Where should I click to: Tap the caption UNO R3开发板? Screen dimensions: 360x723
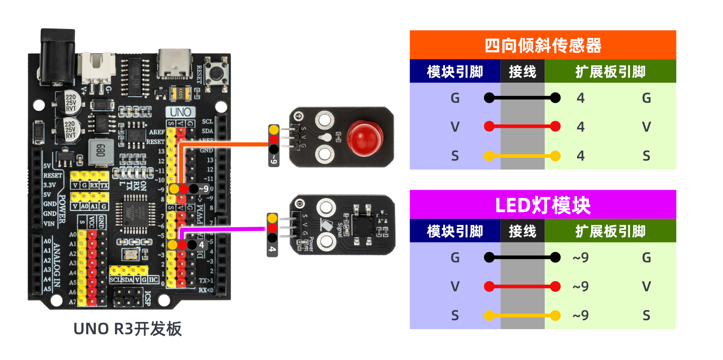pos(127,329)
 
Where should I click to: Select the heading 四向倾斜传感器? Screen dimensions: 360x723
pos(543,45)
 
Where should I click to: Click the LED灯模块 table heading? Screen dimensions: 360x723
pos(543,205)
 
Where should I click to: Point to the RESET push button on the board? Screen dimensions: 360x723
pos(216,72)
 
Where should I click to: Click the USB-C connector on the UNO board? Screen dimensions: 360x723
pos(175,63)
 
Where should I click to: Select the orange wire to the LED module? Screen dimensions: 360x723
pos(226,145)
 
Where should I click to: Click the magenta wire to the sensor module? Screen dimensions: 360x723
pos(226,229)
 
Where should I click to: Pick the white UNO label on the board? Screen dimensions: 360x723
pos(181,112)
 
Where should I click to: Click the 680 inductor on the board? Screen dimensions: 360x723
pos(101,151)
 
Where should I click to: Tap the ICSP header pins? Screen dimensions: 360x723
pos(128,297)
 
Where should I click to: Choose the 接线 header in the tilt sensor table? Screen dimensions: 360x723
pos(522,71)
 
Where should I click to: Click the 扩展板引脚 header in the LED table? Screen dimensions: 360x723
pos(610,231)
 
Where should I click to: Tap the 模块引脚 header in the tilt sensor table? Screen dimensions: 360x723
pos(455,71)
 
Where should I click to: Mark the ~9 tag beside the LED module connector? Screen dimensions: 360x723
pos(274,160)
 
